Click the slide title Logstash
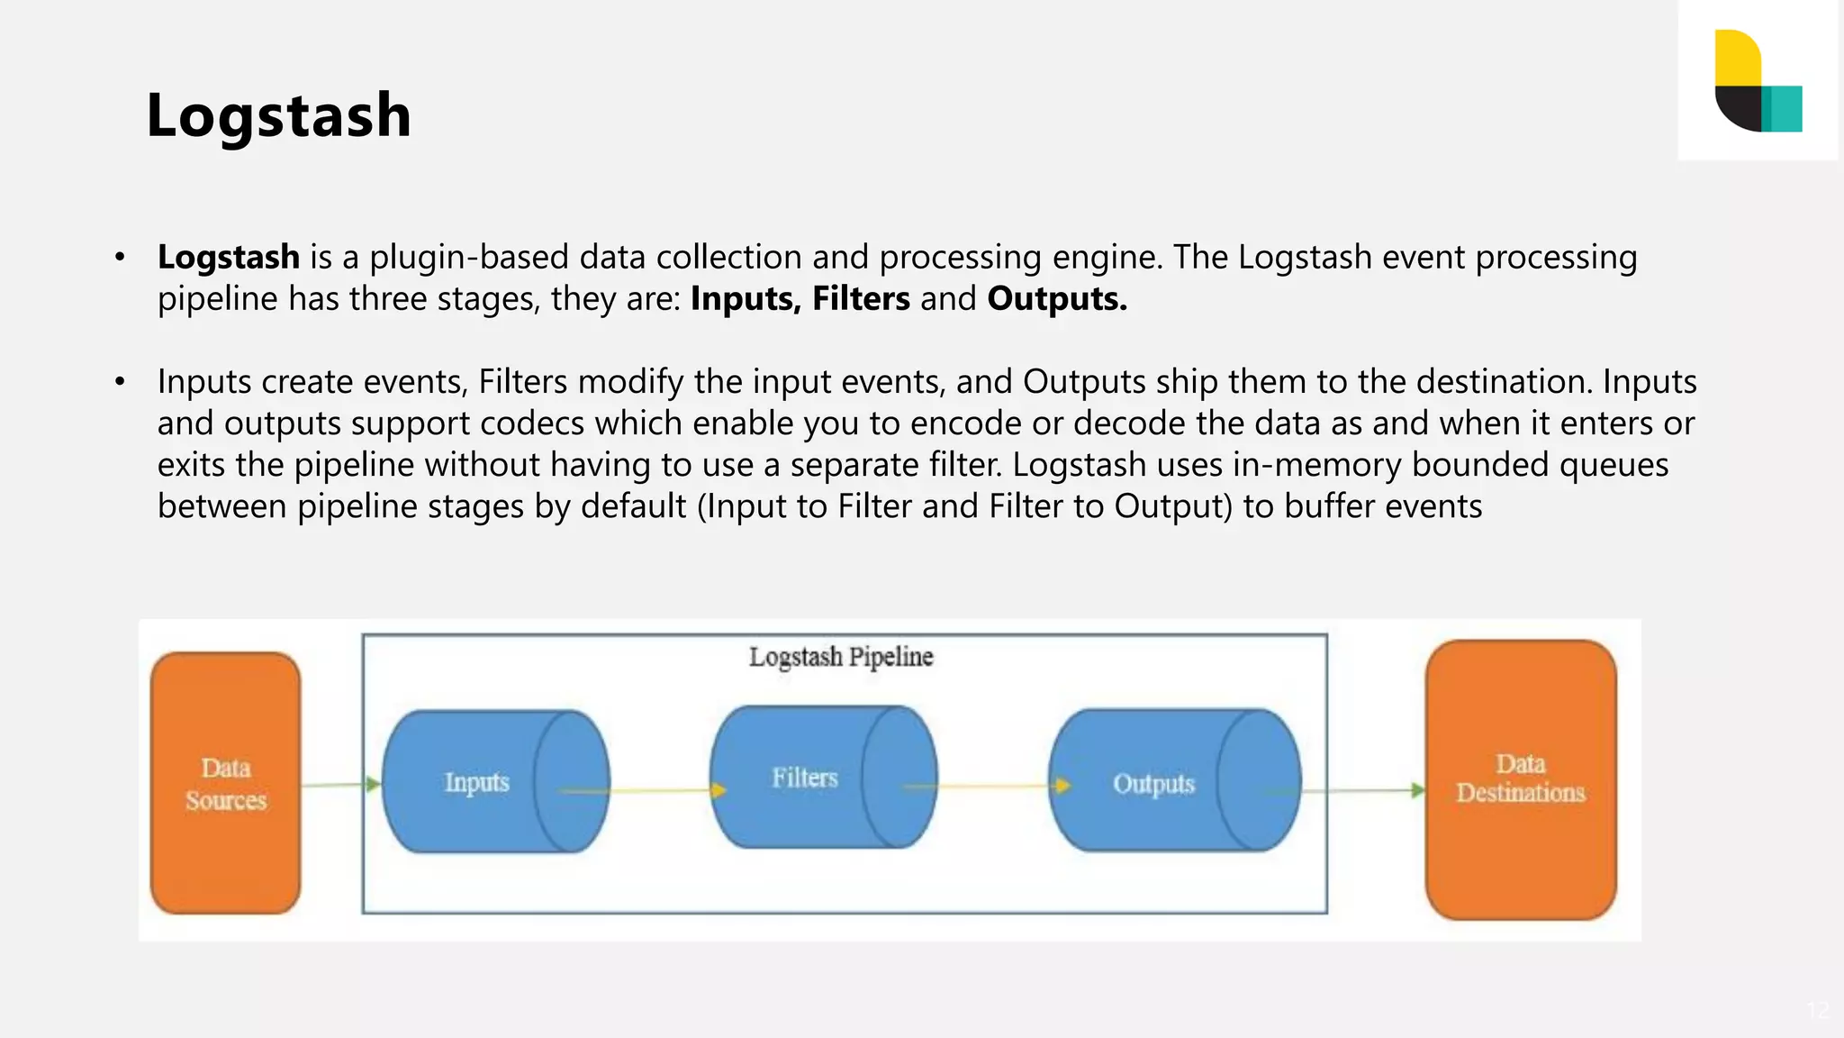pyautogui.click(x=278, y=115)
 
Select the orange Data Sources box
pyautogui.click(x=225, y=783)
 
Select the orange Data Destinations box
pyautogui.click(x=1521, y=778)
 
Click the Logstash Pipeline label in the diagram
pyautogui.click(x=841, y=657)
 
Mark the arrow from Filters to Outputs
pyautogui.click(x=986, y=786)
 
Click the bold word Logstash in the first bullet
pyautogui.click(x=229, y=258)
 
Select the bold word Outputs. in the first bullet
pyautogui.click(x=1057, y=299)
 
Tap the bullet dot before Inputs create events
pyautogui.click(x=120, y=382)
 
